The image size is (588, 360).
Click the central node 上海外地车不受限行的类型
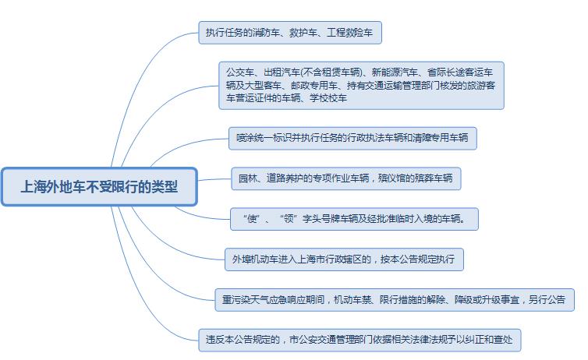[99, 186]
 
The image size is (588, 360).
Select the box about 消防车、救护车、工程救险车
[290, 33]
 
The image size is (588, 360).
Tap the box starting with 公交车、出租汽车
[361, 86]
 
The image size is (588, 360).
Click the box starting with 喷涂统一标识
[352, 138]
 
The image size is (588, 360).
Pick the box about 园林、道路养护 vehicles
[345, 178]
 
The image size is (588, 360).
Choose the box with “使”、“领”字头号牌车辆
[354, 219]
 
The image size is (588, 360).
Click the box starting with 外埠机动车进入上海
[344, 259]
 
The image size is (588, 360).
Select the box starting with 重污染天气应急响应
[395, 300]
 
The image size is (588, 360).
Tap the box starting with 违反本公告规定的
[360, 340]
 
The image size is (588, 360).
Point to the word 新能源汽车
[395, 72]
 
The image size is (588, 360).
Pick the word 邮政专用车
[314, 86]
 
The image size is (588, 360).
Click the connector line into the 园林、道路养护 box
[214, 179]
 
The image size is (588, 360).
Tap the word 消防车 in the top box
[266, 33]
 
